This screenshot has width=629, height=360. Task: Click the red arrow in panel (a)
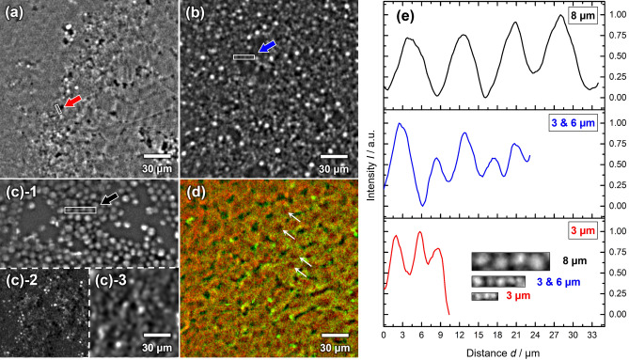[72, 104]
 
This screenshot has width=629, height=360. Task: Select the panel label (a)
[16, 13]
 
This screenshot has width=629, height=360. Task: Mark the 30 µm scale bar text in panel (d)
[335, 345]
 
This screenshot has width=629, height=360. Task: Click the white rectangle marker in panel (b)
[244, 57]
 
